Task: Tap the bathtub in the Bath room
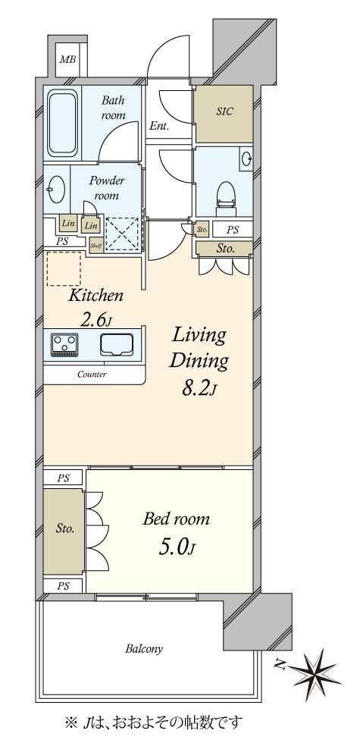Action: [x=63, y=122]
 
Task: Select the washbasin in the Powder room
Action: [x=56, y=189]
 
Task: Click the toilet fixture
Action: [x=225, y=196]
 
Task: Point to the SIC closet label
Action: [x=224, y=111]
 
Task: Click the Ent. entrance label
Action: [x=158, y=127]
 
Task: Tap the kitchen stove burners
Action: [x=65, y=344]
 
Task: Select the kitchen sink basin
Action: [x=117, y=344]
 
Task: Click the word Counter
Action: [x=92, y=375]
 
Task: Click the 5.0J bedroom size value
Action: [x=177, y=547]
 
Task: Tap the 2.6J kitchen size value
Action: [x=96, y=320]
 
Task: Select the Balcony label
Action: [x=144, y=648]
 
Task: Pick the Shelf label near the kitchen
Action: [x=96, y=246]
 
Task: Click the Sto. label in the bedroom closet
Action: [x=64, y=528]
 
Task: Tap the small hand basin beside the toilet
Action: [x=246, y=158]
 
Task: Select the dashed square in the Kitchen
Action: [x=64, y=269]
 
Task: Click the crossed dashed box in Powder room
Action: [x=122, y=234]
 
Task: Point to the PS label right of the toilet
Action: [x=232, y=230]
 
